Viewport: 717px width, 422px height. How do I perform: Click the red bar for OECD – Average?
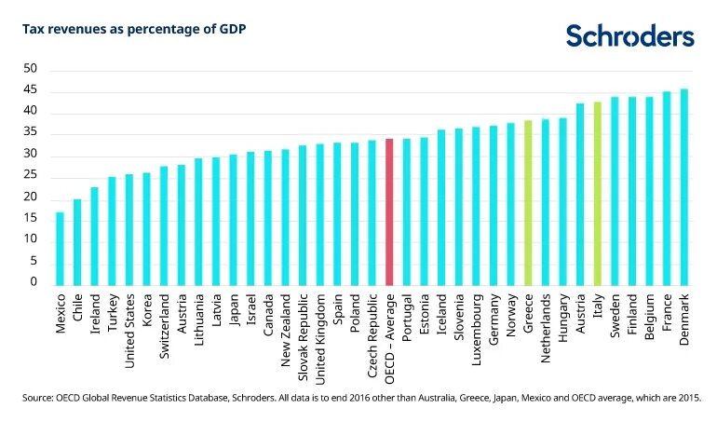389,211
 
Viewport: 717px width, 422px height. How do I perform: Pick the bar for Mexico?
60,248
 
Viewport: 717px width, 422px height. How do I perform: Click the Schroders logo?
629,36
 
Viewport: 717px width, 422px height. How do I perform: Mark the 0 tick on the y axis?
34,282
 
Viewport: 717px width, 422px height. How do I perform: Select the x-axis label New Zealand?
286,332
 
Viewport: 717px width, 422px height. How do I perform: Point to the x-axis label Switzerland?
165,329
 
